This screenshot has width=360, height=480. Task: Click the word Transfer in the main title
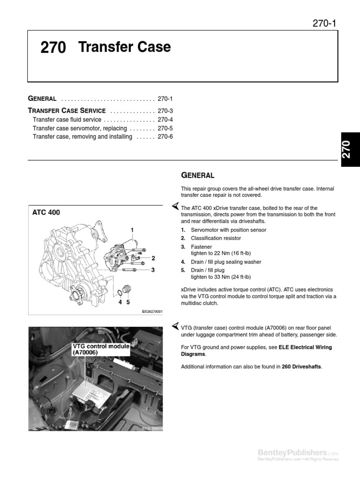[x=102, y=47]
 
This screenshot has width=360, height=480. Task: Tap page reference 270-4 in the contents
[x=165, y=120]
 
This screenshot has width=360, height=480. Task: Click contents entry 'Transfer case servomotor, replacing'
[x=80, y=128]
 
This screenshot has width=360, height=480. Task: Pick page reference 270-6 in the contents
[x=165, y=137]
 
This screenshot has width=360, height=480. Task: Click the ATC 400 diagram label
[x=46, y=213]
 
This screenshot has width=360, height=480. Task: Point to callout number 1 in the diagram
[x=132, y=230]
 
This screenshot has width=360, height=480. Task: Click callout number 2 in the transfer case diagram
[x=153, y=258]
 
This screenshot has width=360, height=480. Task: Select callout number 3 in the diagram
[x=153, y=270]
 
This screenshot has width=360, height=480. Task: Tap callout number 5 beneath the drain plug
[x=127, y=302]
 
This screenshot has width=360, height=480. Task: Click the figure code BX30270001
[x=152, y=311]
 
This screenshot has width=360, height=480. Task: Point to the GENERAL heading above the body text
[x=197, y=176]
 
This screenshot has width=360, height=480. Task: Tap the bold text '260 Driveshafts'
[x=302, y=367]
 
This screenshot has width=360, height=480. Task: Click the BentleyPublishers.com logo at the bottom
[x=298, y=453]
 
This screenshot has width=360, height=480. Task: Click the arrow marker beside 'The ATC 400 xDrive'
[x=174, y=206]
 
